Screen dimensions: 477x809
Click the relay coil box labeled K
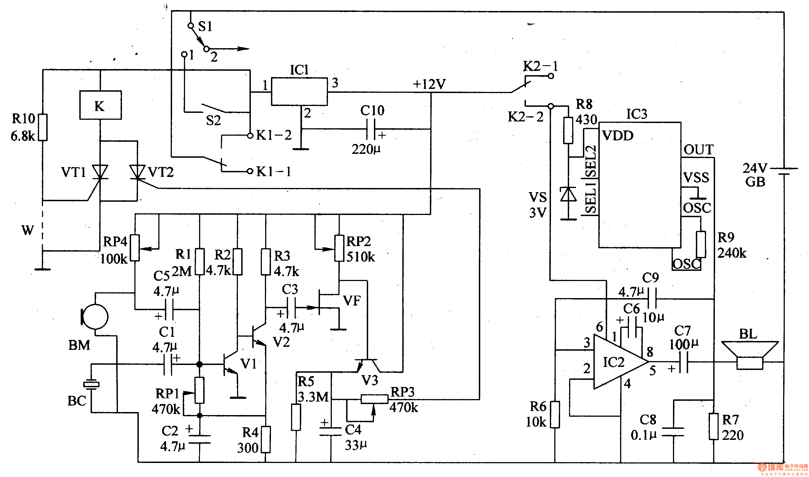pos(100,105)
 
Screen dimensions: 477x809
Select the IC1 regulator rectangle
pos(299,91)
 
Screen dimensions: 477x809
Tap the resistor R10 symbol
pos(43,127)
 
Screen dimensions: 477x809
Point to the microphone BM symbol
pos(95,317)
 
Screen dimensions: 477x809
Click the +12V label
pos(429,84)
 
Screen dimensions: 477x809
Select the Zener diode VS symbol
pos(568,195)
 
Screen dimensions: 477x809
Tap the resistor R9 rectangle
pos(701,245)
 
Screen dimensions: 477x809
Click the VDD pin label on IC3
pos(618,136)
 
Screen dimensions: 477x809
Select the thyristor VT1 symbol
pos(100,172)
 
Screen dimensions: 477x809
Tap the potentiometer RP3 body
pos(374,399)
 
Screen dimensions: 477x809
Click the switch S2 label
pos(213,121)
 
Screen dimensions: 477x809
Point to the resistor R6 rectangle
pos(555,415)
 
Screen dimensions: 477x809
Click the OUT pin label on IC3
pos(698,150)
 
